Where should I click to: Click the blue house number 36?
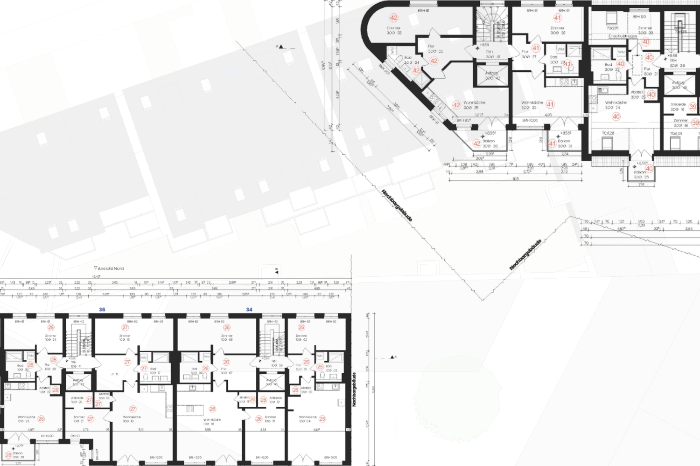click(x=102, y=309)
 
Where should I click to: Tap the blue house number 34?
click(x=249, y=309)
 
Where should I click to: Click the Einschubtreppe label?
click(x=623, y=36)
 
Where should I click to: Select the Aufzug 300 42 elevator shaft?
click(x=491, y=75)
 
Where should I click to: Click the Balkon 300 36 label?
click(x=489, y=143)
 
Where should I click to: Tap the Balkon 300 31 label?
click(x=564, y=143)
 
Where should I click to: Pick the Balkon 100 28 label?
click(x=18, y=455)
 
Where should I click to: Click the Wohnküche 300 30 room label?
click(x=532, y=105)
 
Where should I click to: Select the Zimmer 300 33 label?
click(x=394, y=30)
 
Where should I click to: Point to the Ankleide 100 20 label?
click(x=77, y=400)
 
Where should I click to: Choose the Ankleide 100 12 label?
click(x=275, y=400)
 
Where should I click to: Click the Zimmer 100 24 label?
click(x=51, y=337)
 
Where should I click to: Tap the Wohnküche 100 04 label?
click(x=308, y=419)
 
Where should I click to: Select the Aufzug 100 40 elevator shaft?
click(x=272, y=382)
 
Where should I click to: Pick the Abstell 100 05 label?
click(x=306, y=390)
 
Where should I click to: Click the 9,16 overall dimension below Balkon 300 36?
click(x=516, y=179)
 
